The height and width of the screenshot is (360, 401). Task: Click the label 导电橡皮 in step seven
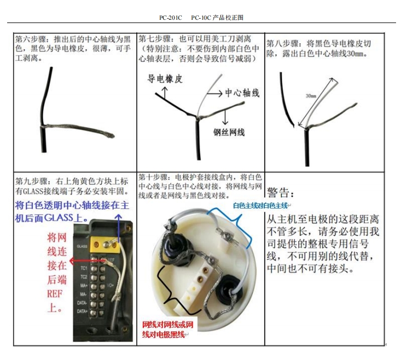pos(165,78)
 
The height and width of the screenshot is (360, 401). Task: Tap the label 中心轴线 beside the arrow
pos(242,93)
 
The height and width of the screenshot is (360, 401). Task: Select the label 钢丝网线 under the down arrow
pos(229,132)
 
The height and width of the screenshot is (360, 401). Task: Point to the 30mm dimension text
pos(311,96)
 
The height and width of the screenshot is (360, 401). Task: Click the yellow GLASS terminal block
pos(105,245)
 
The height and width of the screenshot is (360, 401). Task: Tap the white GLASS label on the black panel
pos(82,246)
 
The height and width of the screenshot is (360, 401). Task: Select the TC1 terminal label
pos(84,268)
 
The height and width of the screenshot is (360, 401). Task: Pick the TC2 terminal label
pos(84,277)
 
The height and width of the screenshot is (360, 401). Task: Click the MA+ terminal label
pos(84,285)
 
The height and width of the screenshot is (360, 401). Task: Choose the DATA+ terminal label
pos(82,312)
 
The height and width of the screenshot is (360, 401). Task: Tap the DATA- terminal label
pos(82,303)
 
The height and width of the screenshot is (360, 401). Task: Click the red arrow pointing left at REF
pos(88,261)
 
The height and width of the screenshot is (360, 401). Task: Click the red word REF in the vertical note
pos(55,294)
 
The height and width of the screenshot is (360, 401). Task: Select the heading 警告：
pos(280,193)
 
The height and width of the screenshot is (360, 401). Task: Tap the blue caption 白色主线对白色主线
pos(260,205)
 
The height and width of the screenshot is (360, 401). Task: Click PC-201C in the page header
pos(171,18)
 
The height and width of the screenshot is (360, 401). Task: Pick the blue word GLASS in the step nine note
pos(59,218)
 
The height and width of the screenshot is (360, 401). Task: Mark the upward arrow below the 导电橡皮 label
pos(165,93)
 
